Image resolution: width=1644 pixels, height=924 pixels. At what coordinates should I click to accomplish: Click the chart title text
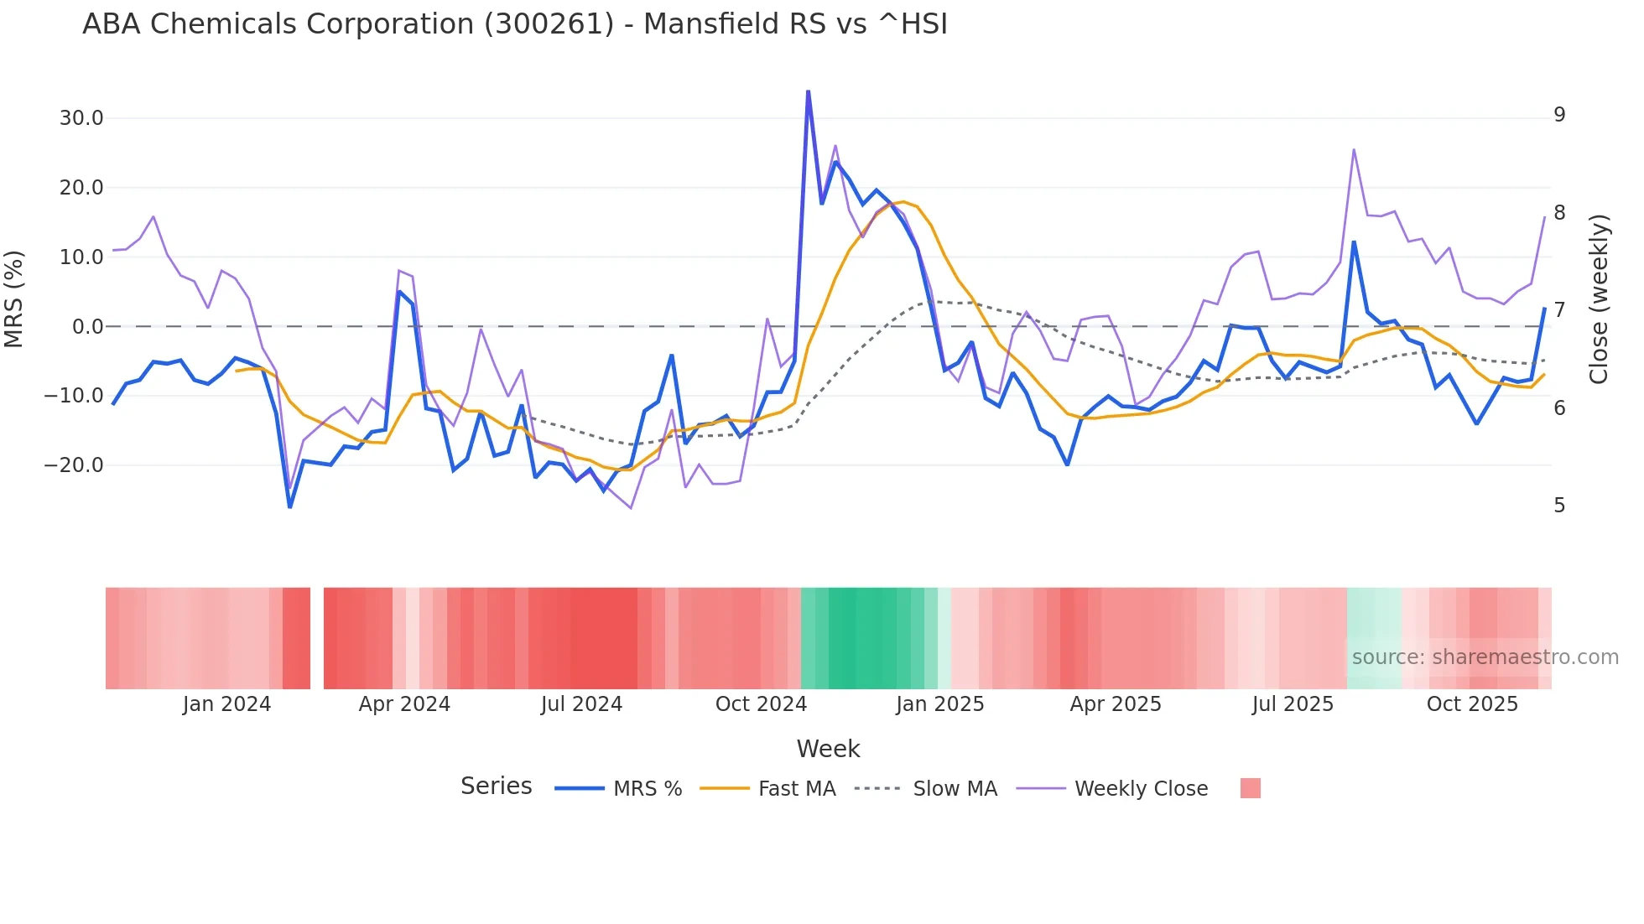[515, 24]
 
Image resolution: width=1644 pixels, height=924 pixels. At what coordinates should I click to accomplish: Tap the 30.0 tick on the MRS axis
[81, 118]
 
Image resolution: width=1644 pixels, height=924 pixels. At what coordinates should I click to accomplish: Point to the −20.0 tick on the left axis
[74, 465]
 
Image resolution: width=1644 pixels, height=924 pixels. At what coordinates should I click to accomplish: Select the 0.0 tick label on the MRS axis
[88, 327]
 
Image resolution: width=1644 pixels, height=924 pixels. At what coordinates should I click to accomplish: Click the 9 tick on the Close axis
[1559, 115]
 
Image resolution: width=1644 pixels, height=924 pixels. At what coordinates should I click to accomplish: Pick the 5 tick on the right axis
[1559, 506]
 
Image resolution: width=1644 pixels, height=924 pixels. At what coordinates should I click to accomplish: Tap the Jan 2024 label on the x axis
[226, 704]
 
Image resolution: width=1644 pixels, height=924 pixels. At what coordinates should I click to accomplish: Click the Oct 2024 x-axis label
[761, 704]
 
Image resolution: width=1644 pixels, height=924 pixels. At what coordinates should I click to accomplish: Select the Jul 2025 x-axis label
[1293, 704]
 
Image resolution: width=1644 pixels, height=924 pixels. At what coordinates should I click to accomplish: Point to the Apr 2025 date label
[1116, 704]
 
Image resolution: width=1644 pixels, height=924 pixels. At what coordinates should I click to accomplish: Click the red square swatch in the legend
[1251, 788]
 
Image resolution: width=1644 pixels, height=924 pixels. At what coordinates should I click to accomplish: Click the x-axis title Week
[828, 749]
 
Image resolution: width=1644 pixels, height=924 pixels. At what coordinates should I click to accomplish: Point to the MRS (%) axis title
[14, 299]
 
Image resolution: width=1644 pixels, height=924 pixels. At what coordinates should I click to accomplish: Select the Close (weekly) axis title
[1600, 299]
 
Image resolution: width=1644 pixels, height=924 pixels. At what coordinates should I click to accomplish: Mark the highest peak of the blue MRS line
[808, 91]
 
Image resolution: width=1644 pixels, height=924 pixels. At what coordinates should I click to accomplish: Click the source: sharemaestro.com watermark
[1485, 657]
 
